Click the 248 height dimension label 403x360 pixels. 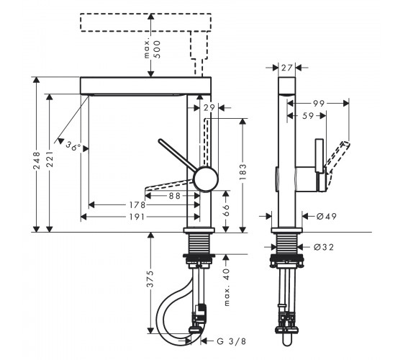click(37, 161)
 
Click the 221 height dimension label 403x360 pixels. click(50, 159)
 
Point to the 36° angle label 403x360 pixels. click(73, 145)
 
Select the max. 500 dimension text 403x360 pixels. click(153, 50)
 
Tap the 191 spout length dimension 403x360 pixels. click(137, 217)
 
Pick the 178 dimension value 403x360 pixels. click(137, 205)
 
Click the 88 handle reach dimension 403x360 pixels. click(175, 196)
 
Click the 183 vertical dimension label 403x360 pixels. click(243, 171)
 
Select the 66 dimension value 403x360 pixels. click(226, 210)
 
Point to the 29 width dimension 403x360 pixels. click(209, 108)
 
